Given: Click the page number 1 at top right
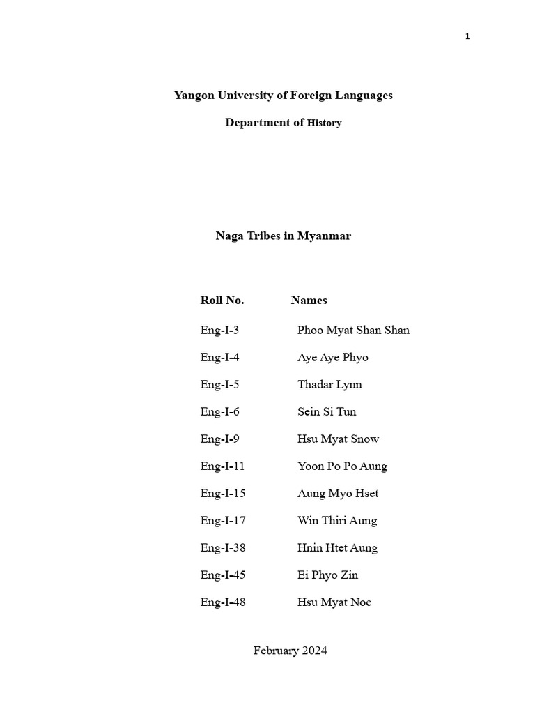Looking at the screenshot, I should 467,36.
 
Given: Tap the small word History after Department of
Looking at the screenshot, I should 325,123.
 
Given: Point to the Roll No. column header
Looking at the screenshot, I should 222,301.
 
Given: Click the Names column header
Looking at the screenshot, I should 309,301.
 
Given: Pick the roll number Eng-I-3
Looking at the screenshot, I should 219,331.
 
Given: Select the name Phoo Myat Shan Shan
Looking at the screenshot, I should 353,331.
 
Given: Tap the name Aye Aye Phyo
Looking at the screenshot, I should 332,358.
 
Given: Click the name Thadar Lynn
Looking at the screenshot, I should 329,385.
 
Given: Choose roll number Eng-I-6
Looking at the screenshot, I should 219,412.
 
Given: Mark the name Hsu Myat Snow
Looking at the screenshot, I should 338,439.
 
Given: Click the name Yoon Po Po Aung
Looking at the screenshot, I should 342,466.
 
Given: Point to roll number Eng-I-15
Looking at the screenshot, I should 223,494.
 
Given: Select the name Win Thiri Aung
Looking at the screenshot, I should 337,521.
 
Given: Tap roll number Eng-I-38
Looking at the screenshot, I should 223,548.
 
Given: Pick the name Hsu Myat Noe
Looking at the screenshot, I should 334,602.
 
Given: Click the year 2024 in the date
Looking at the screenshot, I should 314,651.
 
